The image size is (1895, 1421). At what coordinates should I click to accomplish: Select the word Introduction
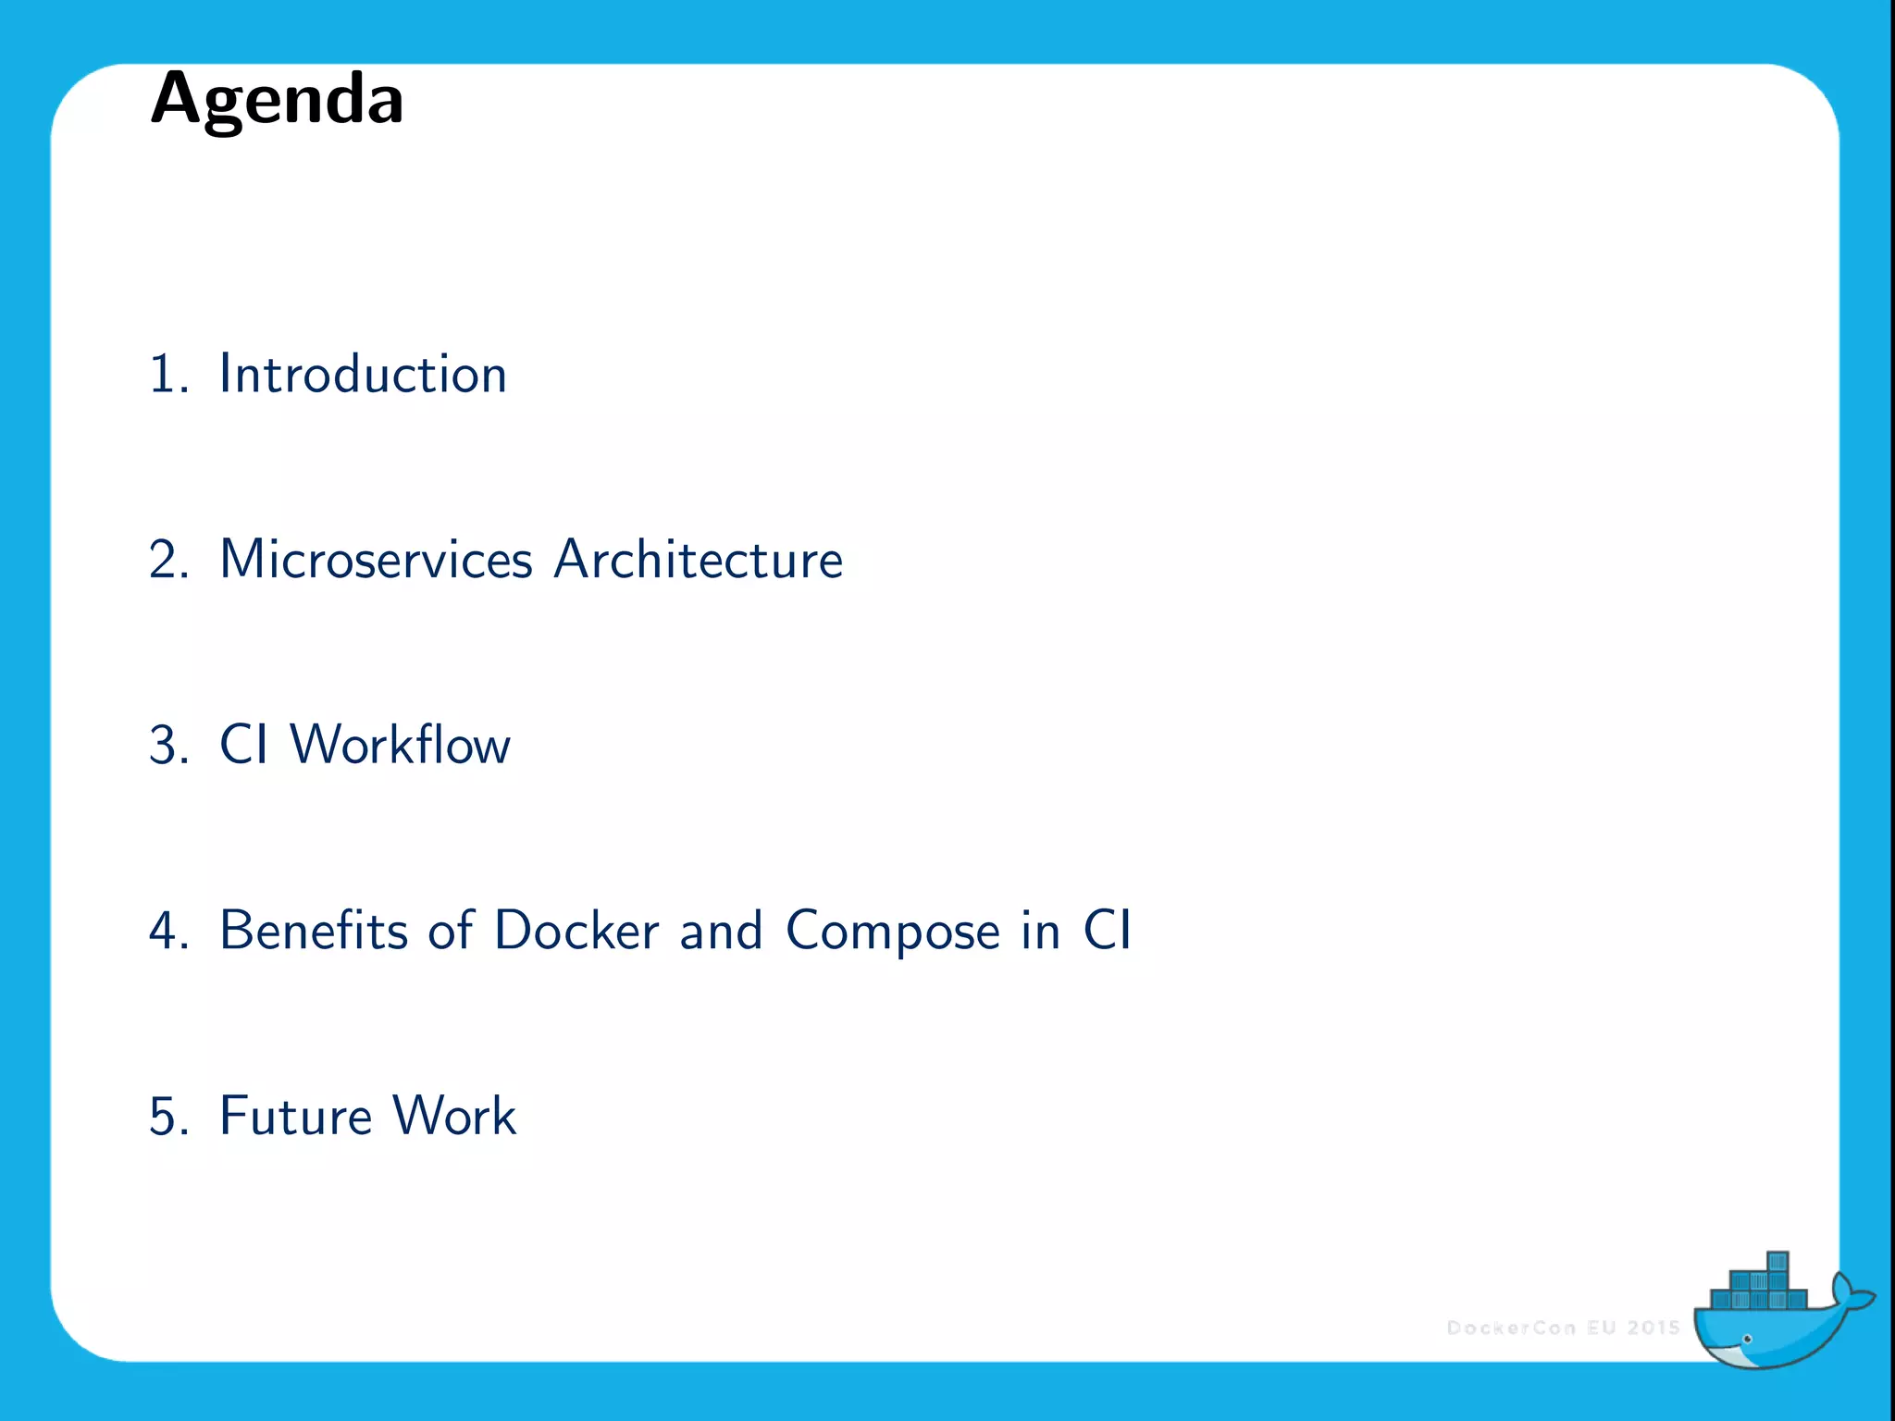click(363, 375)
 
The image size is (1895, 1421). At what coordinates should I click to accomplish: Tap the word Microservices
click(376, 560)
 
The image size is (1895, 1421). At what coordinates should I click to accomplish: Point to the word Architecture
click(699, 560)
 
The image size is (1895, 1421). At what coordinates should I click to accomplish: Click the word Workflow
click(400, 745)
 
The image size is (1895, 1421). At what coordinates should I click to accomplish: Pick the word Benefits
click(313, 930)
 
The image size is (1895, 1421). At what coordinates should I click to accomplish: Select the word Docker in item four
click(576, 930)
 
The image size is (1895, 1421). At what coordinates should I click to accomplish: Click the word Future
click(294, 1116)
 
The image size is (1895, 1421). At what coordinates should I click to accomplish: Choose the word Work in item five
click(453, 1116)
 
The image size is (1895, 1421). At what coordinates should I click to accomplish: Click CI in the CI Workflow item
click(243, 745)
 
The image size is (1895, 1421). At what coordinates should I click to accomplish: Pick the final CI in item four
click(1107, 930)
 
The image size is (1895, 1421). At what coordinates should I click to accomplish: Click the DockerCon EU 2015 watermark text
click(1563, 1328)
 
